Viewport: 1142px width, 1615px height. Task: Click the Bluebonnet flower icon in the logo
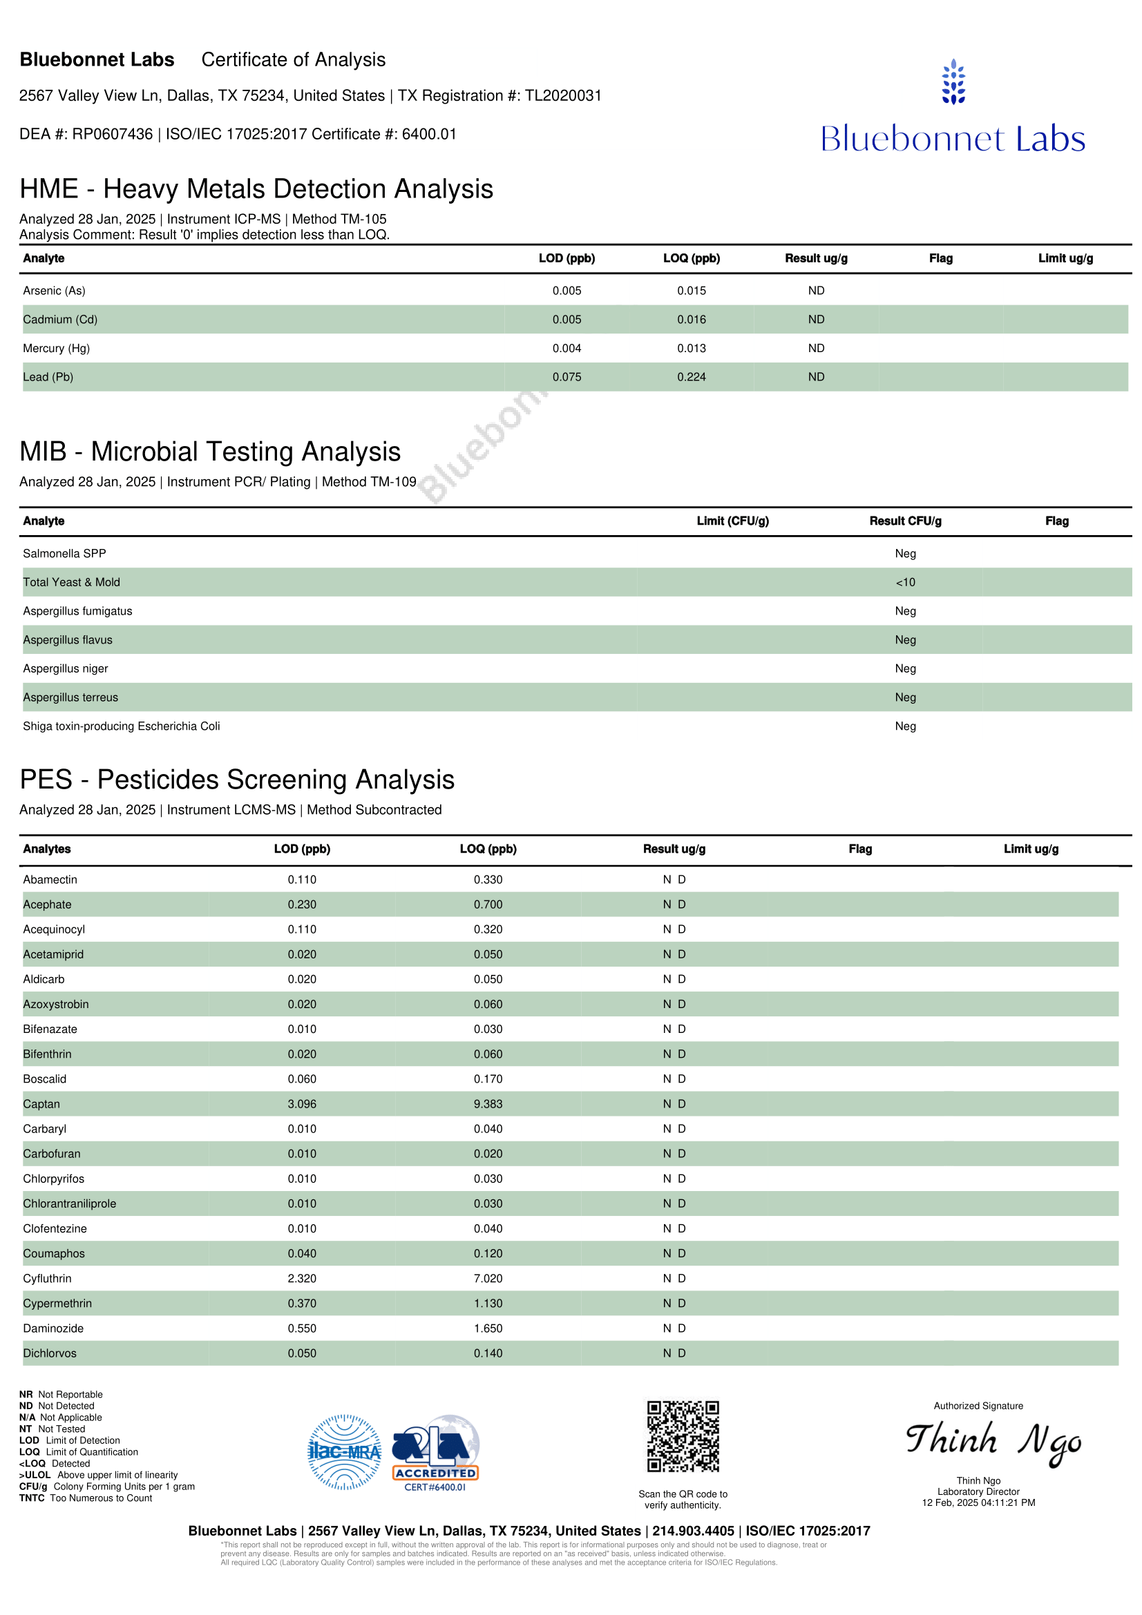(x=953, y=81)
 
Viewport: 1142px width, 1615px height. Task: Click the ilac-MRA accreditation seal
(x=344, y=1452)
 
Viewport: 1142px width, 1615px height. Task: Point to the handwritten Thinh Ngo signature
(x=993, y=1441)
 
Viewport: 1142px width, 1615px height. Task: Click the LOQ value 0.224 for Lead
(x=691, y=377)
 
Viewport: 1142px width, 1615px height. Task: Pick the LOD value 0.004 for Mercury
(x=567, y=348)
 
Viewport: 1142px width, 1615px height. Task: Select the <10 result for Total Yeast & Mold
(x=905, y=583)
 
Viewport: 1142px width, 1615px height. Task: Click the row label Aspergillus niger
(x=66, y=668)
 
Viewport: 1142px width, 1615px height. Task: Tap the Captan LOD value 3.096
(x=302, y=1103)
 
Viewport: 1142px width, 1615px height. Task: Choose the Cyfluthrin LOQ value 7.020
(x=488, y=1278)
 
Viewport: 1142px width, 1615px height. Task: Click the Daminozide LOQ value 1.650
(x=488, y=1328)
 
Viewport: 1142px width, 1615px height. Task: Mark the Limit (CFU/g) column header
(x=732, y=521)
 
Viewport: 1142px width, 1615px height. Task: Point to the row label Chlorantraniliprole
(x=70, y=1203)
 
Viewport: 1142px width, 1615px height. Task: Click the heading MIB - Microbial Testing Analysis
(x=210, y=452)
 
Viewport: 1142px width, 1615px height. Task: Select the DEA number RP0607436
(x=112, y=135)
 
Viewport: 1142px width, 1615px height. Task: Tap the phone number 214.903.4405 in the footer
(x=693, y=1531)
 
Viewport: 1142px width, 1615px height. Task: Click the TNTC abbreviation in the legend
(x=32, y=1498)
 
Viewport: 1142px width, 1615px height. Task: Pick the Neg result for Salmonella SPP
(x=905, y=554)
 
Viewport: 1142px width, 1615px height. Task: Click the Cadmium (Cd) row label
(x=61, y=320)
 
